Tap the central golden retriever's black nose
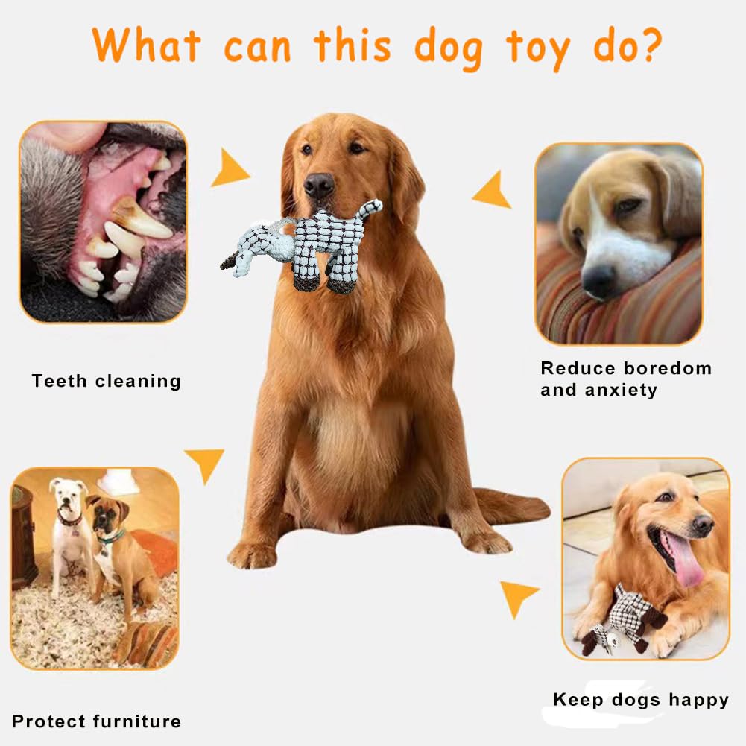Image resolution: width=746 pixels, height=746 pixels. [x=319, y=184]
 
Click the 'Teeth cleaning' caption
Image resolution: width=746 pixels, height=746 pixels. [x=107, y=382]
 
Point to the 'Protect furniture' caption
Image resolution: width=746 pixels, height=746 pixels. [x=96, y=721]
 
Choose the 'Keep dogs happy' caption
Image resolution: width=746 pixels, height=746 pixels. [x=641, y=700]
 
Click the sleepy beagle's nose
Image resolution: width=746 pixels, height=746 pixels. [x=598, y=281]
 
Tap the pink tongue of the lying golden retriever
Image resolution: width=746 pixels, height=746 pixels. [x=684, y=560]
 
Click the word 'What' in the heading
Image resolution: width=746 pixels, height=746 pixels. [x=147, y=46]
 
